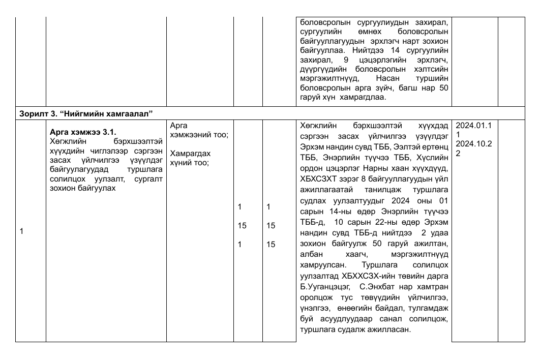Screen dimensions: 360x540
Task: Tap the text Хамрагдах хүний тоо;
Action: (190, 158)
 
